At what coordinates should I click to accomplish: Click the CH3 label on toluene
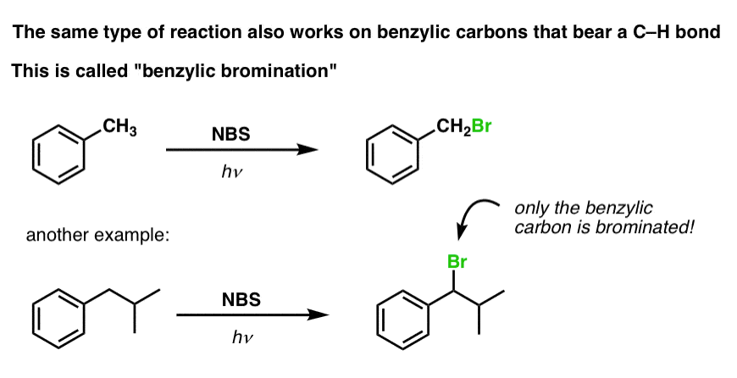[119, 128]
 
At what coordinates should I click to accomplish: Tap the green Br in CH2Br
[480, 126]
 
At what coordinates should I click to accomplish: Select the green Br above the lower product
[457, 261]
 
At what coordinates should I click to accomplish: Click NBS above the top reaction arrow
[230, 135]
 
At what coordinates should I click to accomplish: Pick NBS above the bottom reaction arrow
[241, 299]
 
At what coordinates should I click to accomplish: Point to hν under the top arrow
[232, 173]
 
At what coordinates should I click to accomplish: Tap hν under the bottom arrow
[242, 337]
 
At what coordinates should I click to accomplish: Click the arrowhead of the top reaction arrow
[308, 150]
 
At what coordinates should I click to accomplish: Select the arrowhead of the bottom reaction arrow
[319, 314]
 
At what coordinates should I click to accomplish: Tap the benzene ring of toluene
[58, 154]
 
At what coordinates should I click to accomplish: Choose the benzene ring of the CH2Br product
[392, 154]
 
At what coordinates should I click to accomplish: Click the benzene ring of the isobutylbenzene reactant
[58, 319]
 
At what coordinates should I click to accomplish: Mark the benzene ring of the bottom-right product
[403, 320]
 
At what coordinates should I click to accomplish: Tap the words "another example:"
[97, 235]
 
